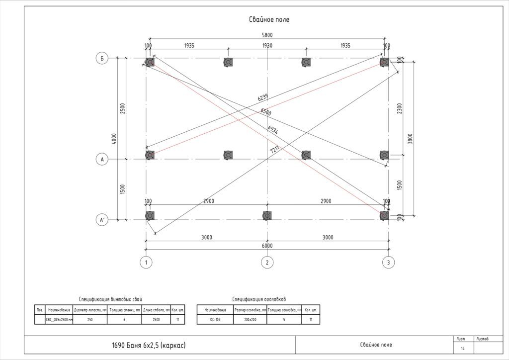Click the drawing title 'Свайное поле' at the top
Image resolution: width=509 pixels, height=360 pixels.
[x=269, y=20]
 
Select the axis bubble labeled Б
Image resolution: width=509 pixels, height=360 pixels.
[x=102, y=59]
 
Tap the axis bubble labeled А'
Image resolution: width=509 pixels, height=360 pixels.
[x=102, y=220]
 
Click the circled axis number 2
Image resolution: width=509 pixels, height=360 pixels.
[x=267, y=262]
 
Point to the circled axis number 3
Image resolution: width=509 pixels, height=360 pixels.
[x=388, y=262]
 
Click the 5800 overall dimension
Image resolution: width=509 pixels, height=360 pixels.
[x=267, y=35]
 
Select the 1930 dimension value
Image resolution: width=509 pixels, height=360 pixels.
[x=267, y=46]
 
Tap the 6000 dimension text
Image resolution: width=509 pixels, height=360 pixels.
[x=267, y=246]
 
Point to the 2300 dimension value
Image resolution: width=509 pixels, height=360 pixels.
[x=400, y=108]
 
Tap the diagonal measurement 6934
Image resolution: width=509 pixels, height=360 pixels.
[x=272, y=130]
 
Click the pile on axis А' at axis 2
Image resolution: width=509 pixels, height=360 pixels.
[x=267, y=216]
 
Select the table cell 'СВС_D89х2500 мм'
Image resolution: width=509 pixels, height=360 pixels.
[x=59, y=320]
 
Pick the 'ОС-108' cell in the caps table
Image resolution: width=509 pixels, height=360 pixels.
[x=215, y=320]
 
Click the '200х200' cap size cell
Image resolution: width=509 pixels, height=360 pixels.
[x=250, y=320]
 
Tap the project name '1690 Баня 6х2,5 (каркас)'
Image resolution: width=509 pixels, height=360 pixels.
[x=149, y=345]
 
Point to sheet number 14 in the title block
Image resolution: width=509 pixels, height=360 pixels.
[x=463, y=349]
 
